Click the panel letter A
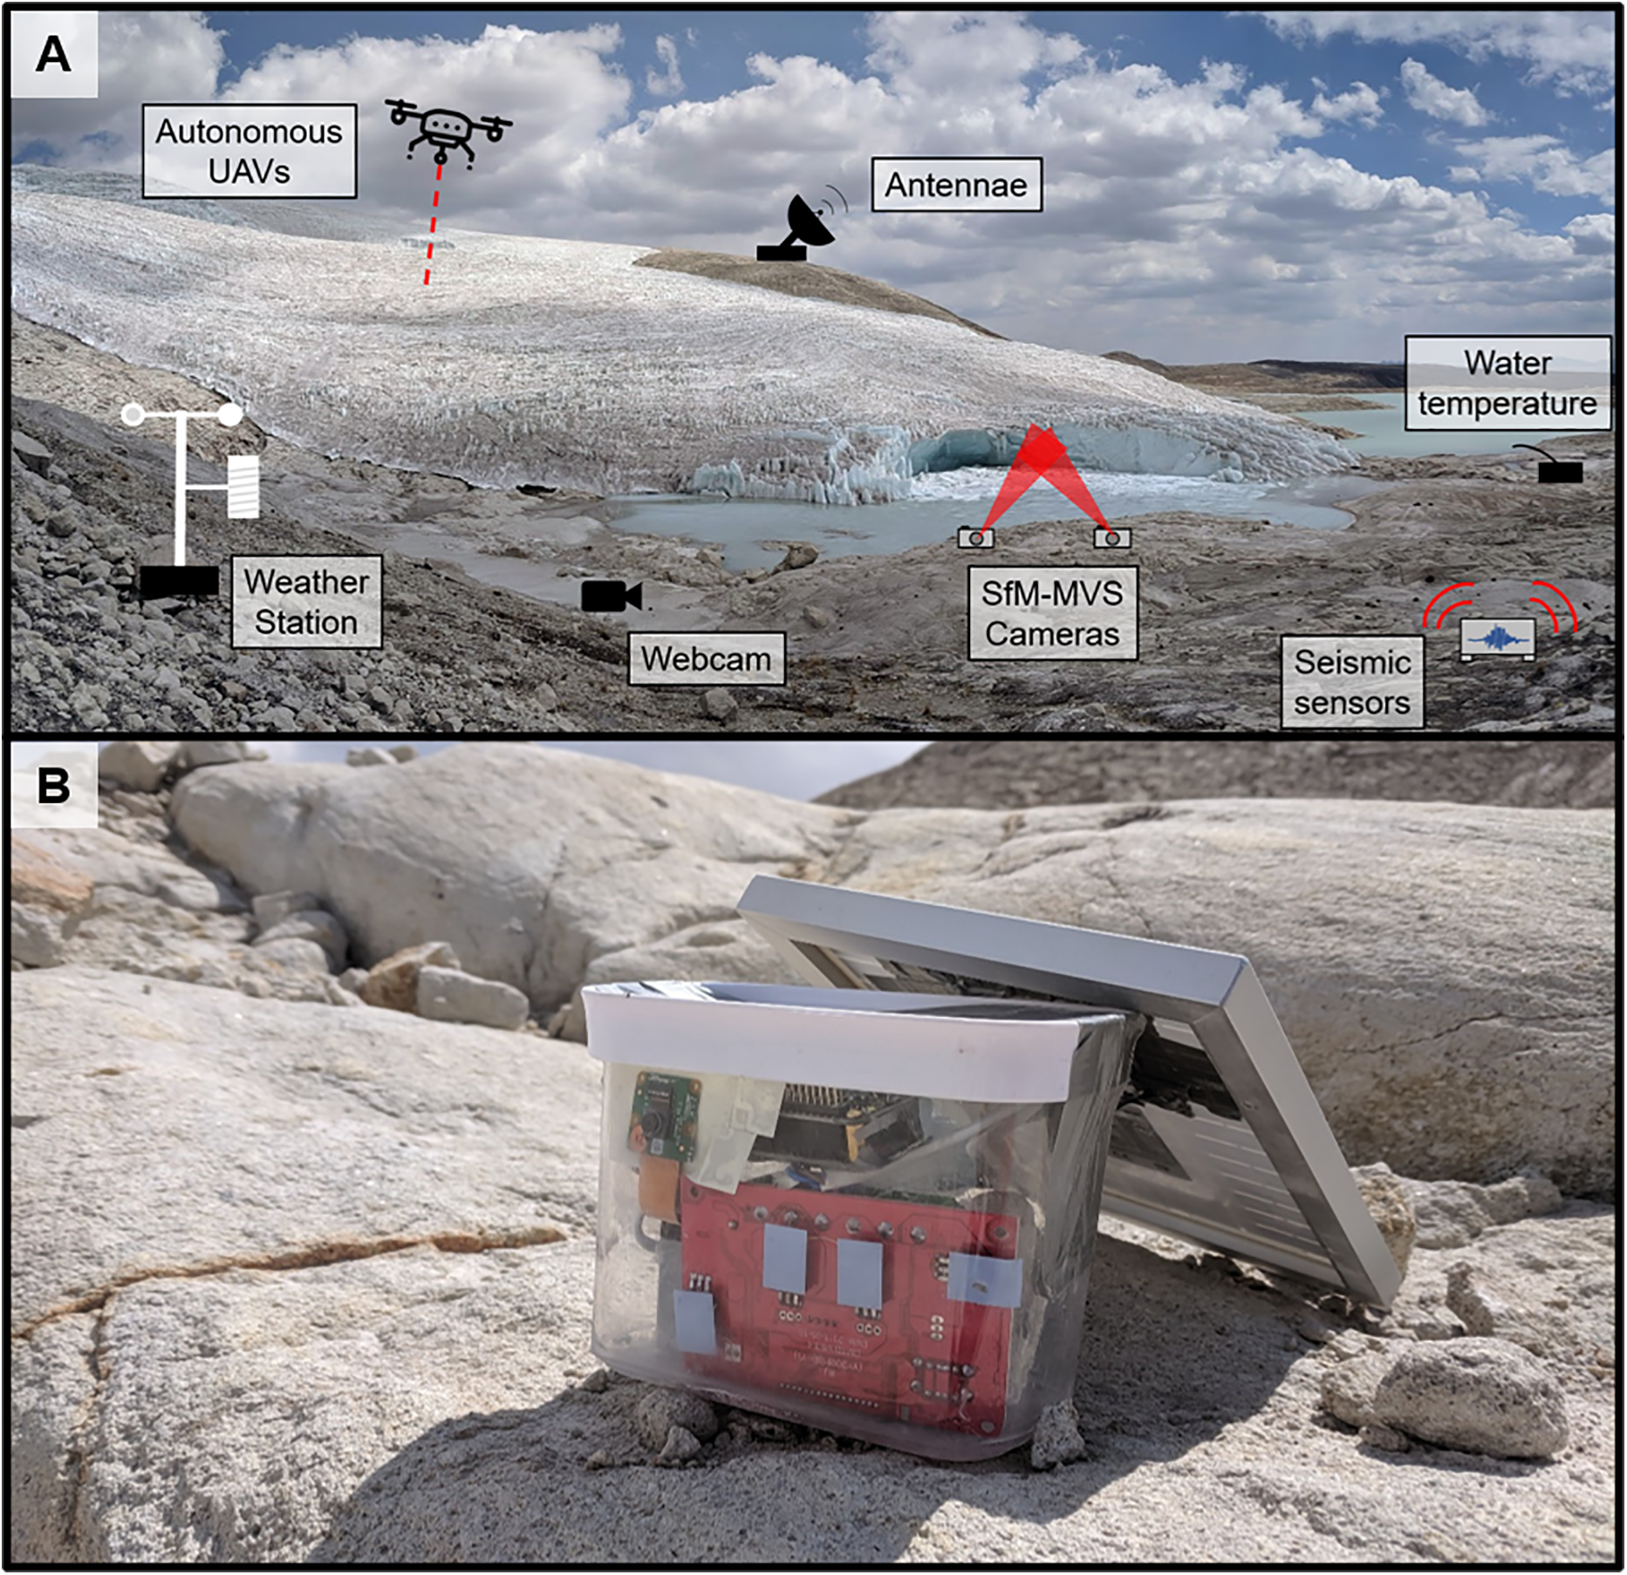[x=53, y=55]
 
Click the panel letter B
[x=53, y=785]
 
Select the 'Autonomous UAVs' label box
[x=250, y=151]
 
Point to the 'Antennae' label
[x=956, y=185]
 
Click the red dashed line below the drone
[x=433, y=225]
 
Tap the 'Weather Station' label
[x=306, y=602]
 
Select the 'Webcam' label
[x=707, y=658]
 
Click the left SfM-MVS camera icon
[x=975, y=537]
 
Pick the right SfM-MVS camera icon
[x=1112, y=537]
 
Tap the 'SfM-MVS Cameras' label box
[x=1052, y=613]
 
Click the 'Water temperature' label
[x=1507, y=383]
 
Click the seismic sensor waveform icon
[x=1498, y=638]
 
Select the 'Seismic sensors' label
[x=1352, y=682]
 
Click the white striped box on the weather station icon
[x=243, y=486]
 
